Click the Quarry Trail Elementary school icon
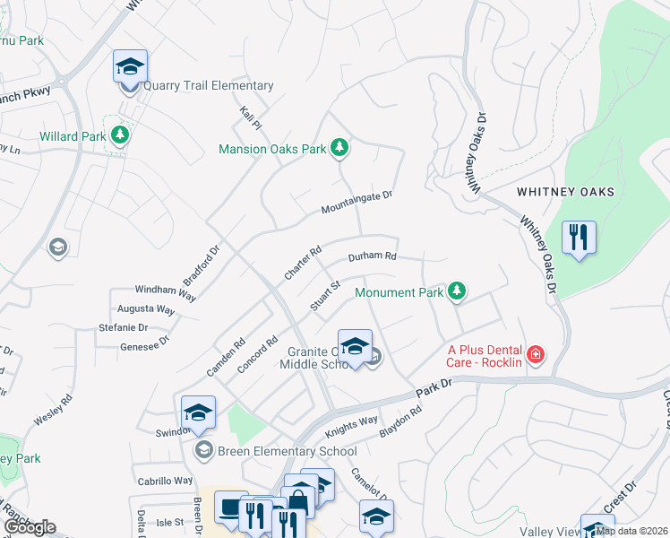[130, 67]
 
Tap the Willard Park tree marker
[121, 136]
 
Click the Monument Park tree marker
[457, 291]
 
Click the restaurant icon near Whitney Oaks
[579, 238]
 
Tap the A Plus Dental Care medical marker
[536, 355]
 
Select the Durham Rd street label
[373, 256]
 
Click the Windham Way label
[165, 291]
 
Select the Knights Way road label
[351, 420]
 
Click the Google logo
[29, 527]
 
